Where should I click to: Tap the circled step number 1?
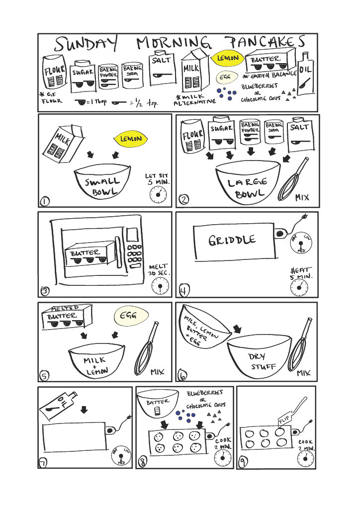tap(45, 201)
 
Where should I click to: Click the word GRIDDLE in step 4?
tap(233, 241)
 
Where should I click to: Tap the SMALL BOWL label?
tap(102, 187)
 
